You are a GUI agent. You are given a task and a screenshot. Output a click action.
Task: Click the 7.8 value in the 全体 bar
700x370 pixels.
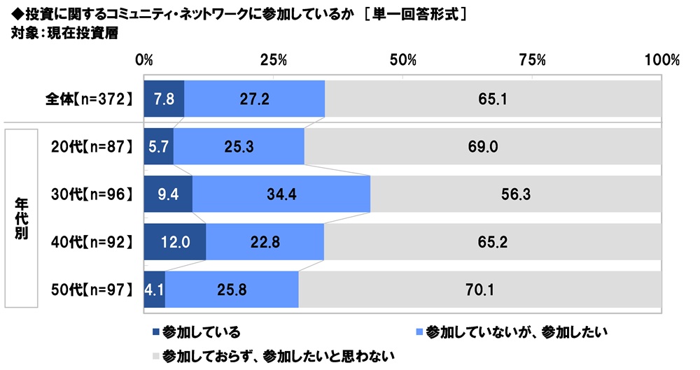click(x=164, y=99)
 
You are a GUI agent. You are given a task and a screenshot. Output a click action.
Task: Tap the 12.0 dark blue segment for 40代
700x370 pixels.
click(x=174, y=241)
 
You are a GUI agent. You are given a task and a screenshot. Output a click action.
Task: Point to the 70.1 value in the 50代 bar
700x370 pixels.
click(x=480, y=289)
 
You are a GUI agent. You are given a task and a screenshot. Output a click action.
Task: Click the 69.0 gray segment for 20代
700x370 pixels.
click(x=483, y=146)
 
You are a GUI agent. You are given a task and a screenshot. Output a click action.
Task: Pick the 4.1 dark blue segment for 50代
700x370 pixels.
click(x=154, y=289)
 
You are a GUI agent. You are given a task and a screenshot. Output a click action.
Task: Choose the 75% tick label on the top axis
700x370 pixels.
click(x=533, y=61)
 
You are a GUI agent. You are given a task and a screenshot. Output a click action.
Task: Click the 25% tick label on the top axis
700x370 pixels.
click(x=274, y=61)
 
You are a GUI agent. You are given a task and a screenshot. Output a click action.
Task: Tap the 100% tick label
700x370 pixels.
click(x=661, y=61)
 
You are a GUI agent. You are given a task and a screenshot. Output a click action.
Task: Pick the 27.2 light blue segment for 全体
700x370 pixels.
click(x=254, y=99)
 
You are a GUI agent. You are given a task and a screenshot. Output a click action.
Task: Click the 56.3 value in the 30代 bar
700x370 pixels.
click(x=515, y=194)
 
